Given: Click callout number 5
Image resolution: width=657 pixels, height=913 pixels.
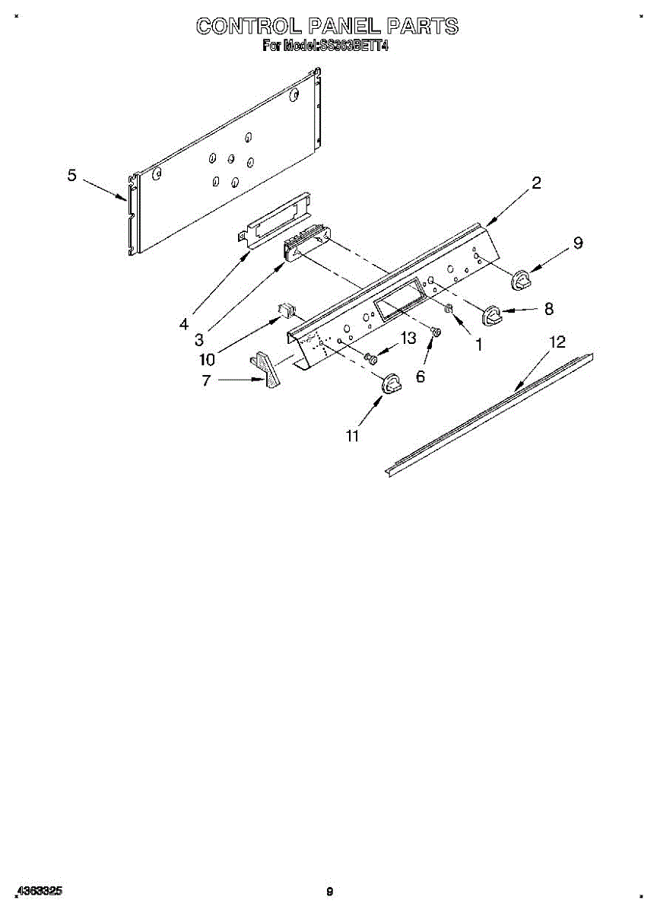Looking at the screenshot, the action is pos(71,176).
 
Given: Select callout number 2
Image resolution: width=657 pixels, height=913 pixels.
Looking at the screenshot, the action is pos(536,183).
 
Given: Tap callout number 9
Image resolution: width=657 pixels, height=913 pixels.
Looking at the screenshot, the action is pos(578,243).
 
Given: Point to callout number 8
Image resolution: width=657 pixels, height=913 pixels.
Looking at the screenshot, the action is pos(548,308).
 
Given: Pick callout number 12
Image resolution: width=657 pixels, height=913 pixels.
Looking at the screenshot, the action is pos(557,342).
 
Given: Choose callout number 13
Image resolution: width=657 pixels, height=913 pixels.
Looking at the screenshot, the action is pos(408,339).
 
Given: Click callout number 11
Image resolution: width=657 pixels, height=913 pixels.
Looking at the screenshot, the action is pos(352,435).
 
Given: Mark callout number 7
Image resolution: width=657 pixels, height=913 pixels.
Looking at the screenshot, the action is pos(206,380).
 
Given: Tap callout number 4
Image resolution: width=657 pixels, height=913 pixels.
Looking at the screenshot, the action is pos(183,324).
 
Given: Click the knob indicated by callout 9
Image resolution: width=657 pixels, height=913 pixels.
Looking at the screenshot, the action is pos(522,280).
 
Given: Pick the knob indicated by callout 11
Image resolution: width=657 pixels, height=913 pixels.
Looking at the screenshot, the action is pos(391,385).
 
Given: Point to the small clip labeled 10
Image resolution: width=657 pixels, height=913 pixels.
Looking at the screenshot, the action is pos(287,310).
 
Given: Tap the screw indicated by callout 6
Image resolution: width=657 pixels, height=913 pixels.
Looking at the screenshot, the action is pos(435,332).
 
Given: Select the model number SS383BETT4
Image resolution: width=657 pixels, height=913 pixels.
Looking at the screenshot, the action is pos(351,46).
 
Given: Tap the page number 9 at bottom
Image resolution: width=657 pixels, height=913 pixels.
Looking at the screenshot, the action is pos(329,892).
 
